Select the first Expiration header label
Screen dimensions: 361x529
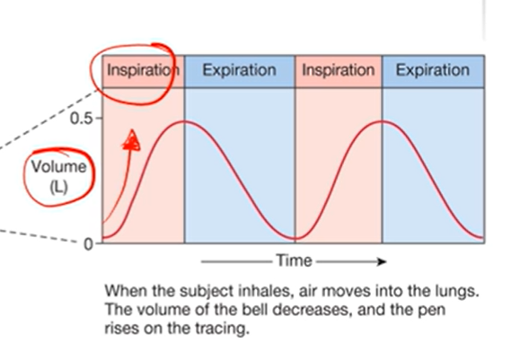pyautogui.click(x=240, y=70)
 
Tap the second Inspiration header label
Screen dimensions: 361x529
pyautogui.click(x=337, y=70)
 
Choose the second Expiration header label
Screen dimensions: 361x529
pyautogui.click(x=433, y=70)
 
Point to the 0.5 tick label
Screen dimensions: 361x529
pyautogui.click(x=81, y=119)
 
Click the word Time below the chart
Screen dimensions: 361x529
pyautogui.click(x=295, y=261)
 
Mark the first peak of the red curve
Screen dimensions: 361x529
pyautogui.click(x=184, y=121)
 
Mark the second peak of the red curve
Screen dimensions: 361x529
pyautogui.click(x=383, y=121)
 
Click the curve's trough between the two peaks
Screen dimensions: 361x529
pyautogui.click(x=295, y=239)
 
